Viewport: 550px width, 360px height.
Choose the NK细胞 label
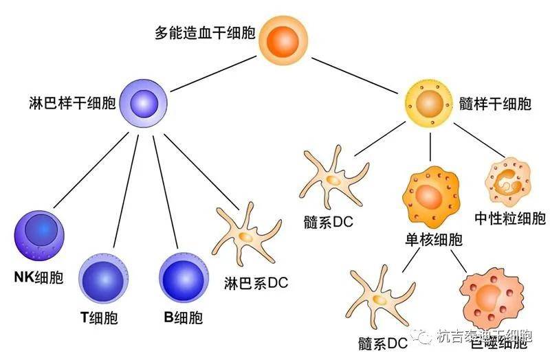click(38, 278)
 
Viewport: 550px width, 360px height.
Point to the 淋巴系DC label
click(256, 282)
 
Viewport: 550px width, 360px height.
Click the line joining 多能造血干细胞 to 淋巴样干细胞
click(214, 76)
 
